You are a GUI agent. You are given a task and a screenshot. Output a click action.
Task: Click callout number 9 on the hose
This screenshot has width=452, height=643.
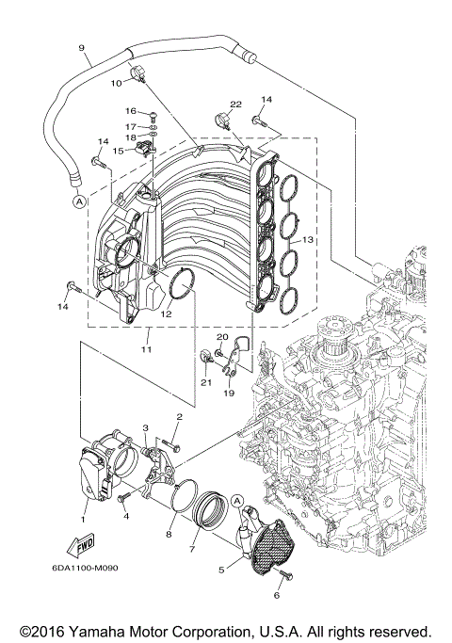click(x=81, y=48)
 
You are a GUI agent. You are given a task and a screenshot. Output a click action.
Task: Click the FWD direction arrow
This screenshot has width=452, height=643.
click(x=79, y=544)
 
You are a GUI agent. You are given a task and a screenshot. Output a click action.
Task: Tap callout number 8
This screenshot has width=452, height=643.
click(x=169, y=536)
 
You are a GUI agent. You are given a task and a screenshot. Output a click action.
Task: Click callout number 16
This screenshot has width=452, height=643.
click(x=132, y=111)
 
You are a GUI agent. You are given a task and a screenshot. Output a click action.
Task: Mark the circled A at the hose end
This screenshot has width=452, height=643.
click(x=76, y=201)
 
